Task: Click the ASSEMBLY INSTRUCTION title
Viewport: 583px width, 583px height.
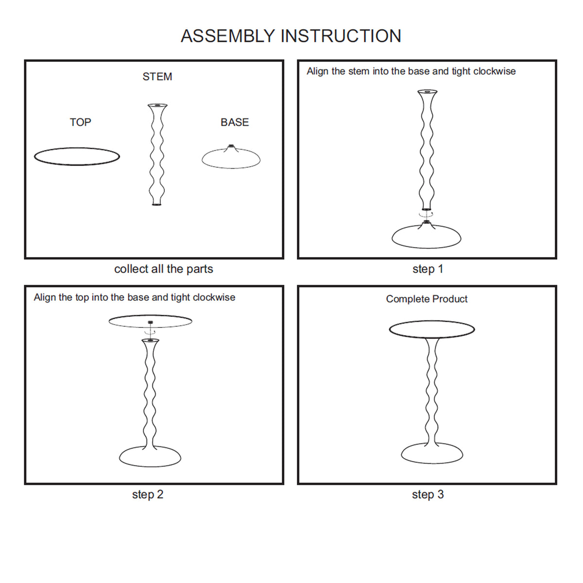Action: (291, 36)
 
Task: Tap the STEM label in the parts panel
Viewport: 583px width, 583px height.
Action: (157, 77)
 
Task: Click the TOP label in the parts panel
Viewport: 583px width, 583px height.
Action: (80, 122)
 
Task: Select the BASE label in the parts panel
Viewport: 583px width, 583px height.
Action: (235, 122)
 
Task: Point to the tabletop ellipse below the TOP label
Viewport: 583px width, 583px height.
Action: (77, 156)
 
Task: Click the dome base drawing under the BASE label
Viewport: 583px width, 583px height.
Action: (231, 159)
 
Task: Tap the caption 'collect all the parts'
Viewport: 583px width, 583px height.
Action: (163, 269)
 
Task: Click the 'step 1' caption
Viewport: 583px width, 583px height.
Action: (428, 269)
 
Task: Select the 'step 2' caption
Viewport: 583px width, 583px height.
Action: (148, 495)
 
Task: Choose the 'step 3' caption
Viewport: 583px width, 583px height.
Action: (428, 495)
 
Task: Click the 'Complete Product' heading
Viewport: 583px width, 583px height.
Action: (427, 299)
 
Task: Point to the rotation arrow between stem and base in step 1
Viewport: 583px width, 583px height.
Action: (426, 214)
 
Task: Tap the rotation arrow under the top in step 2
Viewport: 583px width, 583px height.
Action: (150, 332)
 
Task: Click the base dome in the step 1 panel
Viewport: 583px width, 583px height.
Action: (426, 237)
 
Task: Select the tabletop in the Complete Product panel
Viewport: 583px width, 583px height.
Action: (431, 329)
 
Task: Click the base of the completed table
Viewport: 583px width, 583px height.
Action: (431, 453)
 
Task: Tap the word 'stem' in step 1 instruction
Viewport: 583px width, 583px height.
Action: (359, 71)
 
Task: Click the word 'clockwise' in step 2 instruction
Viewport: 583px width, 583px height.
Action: (214, 297)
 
